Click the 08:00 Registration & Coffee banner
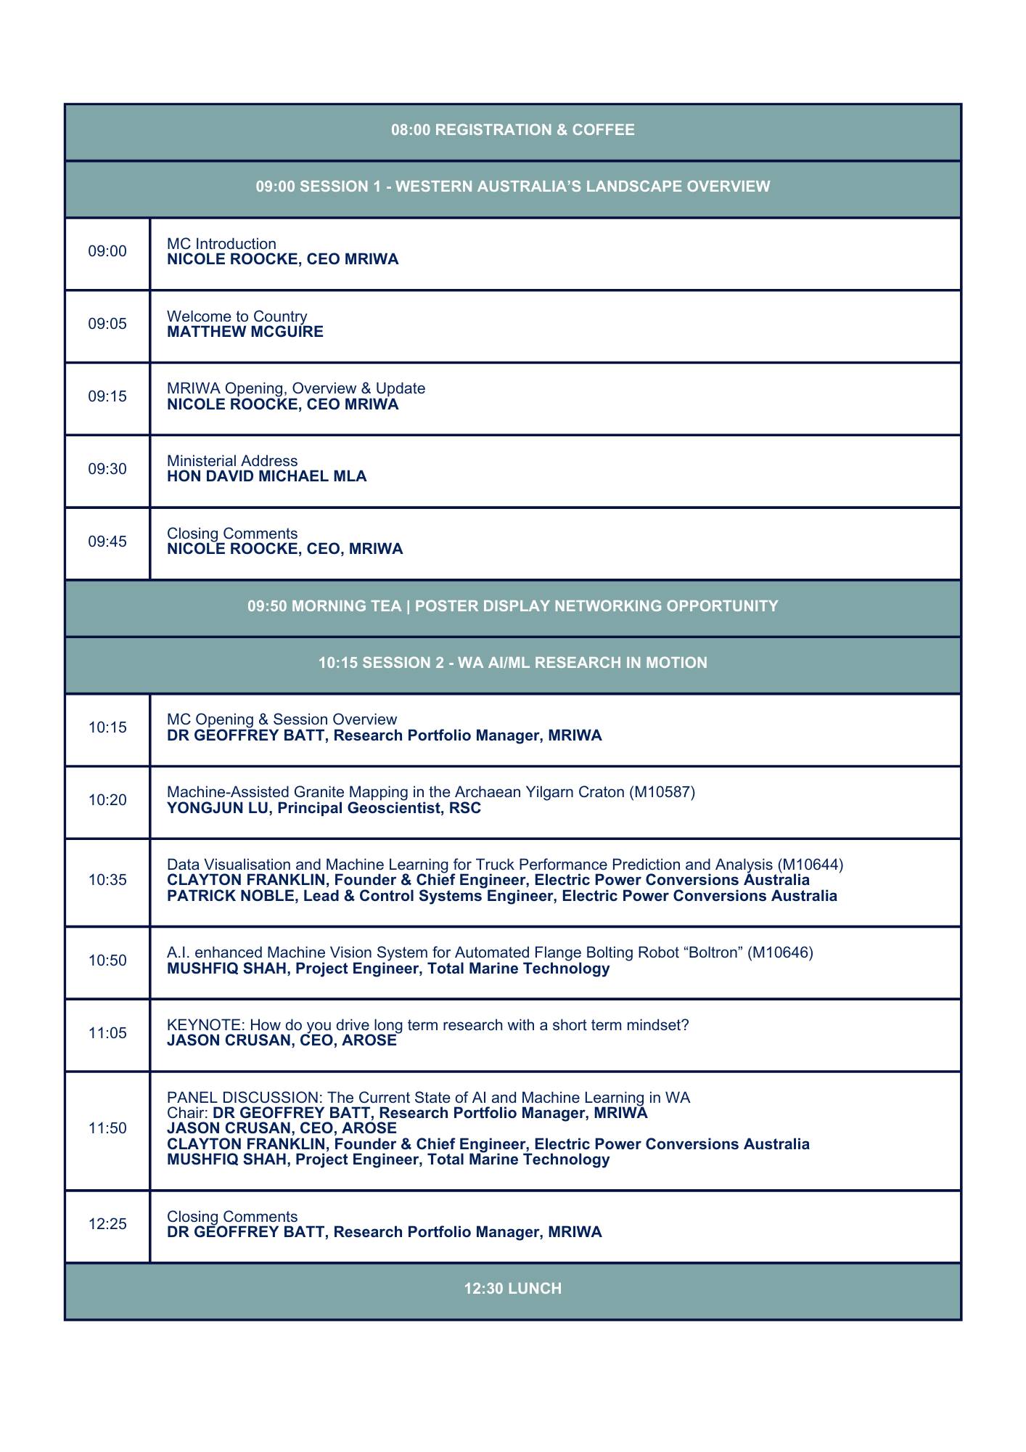(512, 130)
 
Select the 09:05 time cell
(107, 324)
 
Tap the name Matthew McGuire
(245, 332)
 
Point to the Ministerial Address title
(232, 461)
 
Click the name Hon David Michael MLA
(266, 476)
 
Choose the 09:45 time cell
(107, 542)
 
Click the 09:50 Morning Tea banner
(512, 606)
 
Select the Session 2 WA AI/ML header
(512, 663)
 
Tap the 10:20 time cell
(107, 800)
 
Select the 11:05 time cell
(107, 1033)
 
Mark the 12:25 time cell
(107, 1224)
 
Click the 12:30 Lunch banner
(512, 1289)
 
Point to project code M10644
(810, 865)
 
